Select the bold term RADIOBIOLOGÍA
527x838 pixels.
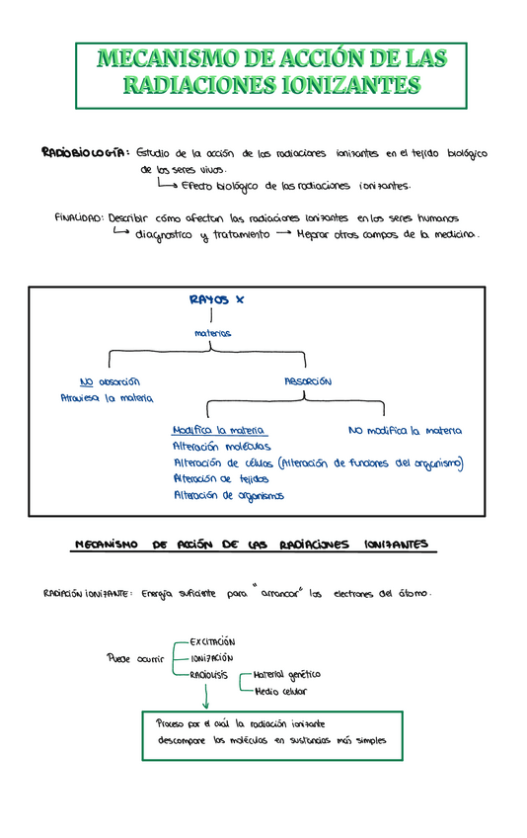(x=85, y=153)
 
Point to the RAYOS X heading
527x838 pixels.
(x=216, y=298)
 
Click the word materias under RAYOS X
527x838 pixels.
(x=213, y=333)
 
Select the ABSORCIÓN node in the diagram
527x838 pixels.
(x=307, y=381)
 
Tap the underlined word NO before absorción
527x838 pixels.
(x=87, y=382)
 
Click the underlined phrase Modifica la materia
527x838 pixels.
(x=219, y=431)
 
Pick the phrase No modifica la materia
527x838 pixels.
(x=405, y=431)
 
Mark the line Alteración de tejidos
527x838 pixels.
(x=220, y=478)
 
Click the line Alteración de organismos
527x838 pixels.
(x=228, y=495)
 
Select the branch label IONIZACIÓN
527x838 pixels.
(x=205, y=658)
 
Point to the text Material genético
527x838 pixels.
(x=287, y=675)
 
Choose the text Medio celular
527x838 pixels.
(x=280, y=692)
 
